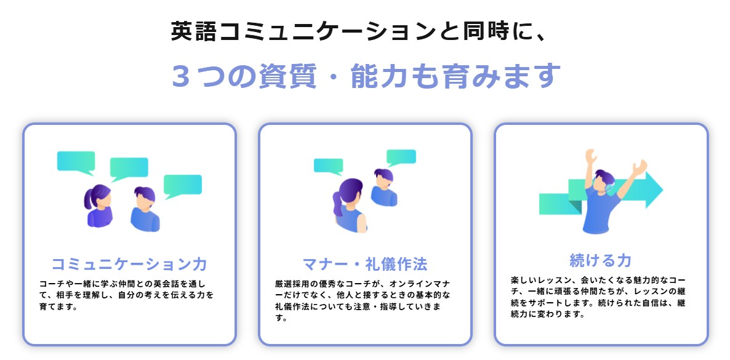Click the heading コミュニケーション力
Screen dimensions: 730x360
point(129,264)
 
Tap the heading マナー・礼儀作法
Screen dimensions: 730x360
point(365,264)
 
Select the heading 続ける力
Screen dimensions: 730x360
point(601,260)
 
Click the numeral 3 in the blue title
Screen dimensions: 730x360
point(181,76)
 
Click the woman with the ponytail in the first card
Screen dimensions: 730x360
point(98,206)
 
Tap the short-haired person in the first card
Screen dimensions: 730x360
point(145,209)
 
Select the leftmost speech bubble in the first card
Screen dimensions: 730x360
point(76,162)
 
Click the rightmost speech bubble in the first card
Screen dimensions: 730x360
point(182,186)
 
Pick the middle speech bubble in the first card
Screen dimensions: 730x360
point(129,169)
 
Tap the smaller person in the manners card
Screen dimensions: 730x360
point(384,187)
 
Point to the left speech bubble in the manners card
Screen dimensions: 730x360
point(329,166)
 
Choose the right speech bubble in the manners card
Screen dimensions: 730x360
point(401,158)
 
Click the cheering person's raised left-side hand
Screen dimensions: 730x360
point(590,156)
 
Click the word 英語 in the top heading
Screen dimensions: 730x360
point(194,31)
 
